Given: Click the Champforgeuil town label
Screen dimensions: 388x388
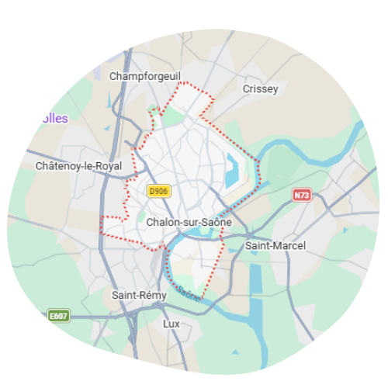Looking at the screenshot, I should coord(144,76).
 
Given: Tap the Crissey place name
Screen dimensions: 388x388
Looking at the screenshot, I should coord(260,88).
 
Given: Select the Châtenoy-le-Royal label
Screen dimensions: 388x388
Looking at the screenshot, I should coord(78,166).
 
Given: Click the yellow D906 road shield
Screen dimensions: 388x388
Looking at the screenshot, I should coord(158,190).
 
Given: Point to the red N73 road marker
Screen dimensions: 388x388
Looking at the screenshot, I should coord(301,196).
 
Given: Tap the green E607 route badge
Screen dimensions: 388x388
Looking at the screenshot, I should coord(58,316).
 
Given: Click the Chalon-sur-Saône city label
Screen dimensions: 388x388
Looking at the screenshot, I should coord(189,222).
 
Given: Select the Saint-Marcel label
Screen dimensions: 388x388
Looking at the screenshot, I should coord(275,245).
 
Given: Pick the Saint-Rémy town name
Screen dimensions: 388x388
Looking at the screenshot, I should coord(137,295).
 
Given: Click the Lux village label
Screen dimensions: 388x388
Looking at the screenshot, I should coord(171,322).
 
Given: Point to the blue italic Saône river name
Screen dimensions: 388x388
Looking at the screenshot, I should coord(189,293).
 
